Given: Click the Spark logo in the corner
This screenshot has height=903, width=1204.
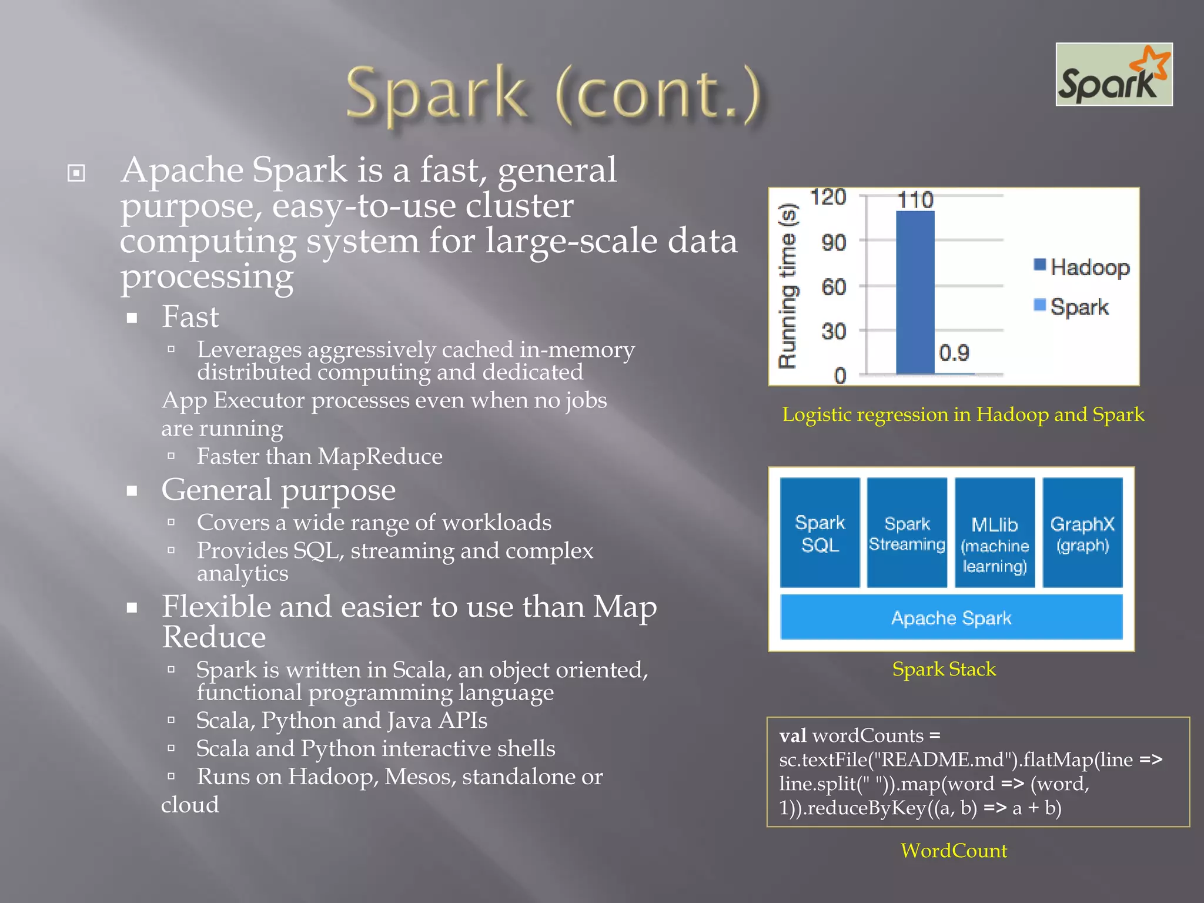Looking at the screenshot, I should point(1114,75).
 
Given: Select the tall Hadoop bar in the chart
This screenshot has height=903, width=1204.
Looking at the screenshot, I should point(915,292).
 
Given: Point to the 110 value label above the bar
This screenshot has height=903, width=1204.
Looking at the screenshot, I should point(915,200).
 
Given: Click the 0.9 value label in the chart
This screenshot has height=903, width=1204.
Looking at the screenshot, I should point(954,353).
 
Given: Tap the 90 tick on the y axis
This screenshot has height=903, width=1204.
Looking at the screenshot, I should point(834,242).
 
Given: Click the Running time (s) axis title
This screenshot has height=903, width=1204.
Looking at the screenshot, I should point(788,286).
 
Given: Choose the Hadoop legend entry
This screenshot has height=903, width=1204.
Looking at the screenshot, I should point(1082,267).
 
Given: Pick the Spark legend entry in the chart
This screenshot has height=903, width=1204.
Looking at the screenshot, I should point(1072,307).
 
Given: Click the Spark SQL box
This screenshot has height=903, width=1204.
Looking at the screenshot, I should point(820,533).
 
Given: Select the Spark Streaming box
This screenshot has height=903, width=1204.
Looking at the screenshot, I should point(907,533).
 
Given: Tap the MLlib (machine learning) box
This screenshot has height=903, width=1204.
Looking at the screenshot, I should point(994,533).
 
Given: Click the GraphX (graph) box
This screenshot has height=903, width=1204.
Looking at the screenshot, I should point(1082,533).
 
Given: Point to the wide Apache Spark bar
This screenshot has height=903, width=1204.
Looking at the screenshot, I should point(951,617).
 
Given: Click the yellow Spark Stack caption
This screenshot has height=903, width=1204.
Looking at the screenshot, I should point(944,669).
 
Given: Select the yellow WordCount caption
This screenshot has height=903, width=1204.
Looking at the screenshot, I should point(954,851).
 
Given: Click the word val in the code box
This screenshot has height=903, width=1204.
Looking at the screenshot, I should point(792,736).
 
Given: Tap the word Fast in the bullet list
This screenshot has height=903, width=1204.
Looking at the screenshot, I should point(190,317).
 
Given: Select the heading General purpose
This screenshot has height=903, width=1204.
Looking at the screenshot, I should point(278,490).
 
